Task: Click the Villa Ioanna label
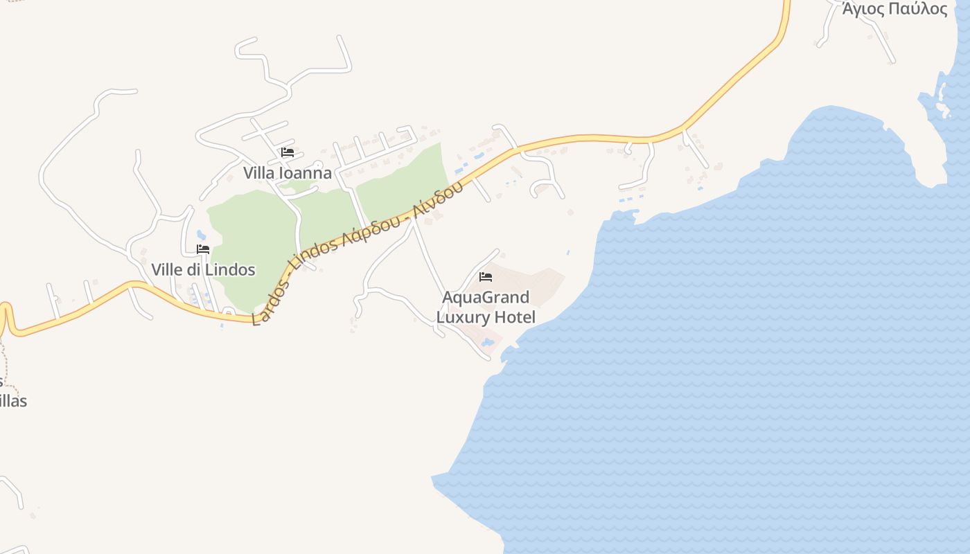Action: (288, 173)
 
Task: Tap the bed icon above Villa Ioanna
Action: (288, 152)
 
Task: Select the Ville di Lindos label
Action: (203, 269)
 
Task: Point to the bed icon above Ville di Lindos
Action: (203, 249)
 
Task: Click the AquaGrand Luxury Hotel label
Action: (486, 307)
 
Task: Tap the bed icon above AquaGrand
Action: (486, 277)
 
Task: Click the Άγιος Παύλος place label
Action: (894, 9)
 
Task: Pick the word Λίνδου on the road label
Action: (438, 199)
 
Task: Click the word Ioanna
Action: (305, 173)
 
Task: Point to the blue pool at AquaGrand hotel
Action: (487, 342)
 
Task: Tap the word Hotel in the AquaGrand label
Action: (515, 318)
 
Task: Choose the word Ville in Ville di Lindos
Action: (167, 269)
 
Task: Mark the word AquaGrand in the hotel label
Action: (486, 298)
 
